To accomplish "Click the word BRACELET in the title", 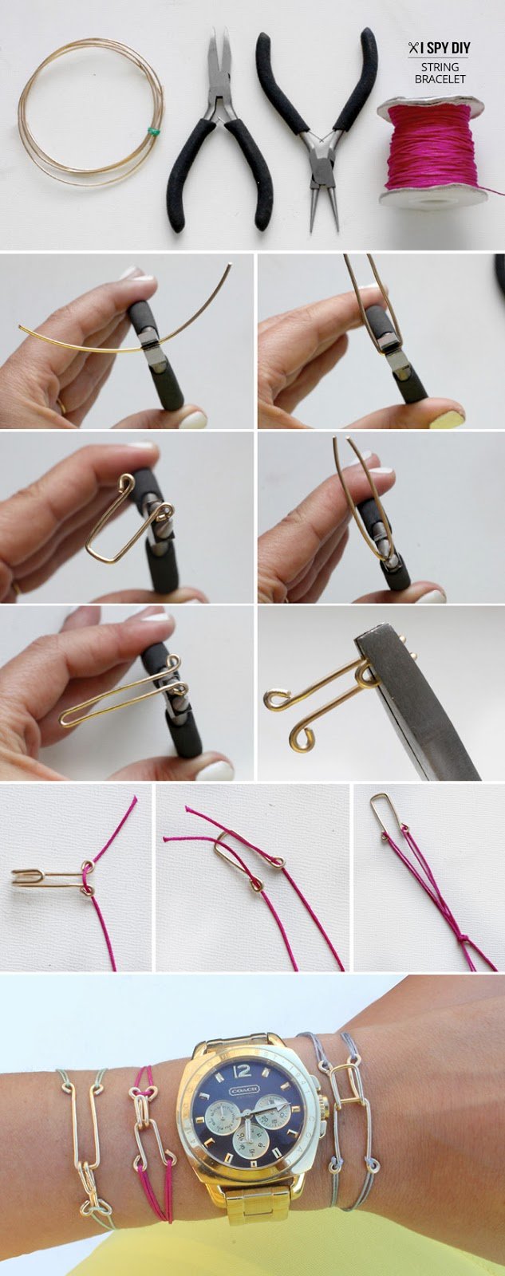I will (x=440, y=79).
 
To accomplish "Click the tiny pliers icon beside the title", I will (x=413, y=49).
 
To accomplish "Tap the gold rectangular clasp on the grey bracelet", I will (x=344, y=1085).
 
